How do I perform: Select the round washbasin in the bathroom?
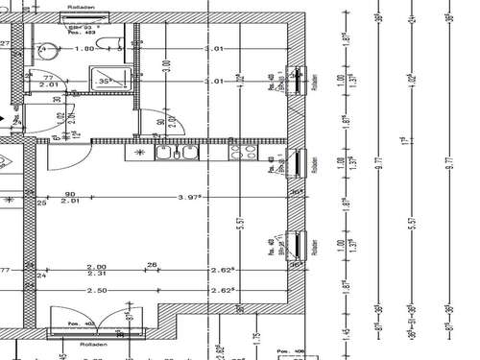click(42, 50)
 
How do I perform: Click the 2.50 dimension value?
click(95, 289)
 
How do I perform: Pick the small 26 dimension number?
click(151, 266)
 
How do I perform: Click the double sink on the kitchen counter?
click(179, 153)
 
